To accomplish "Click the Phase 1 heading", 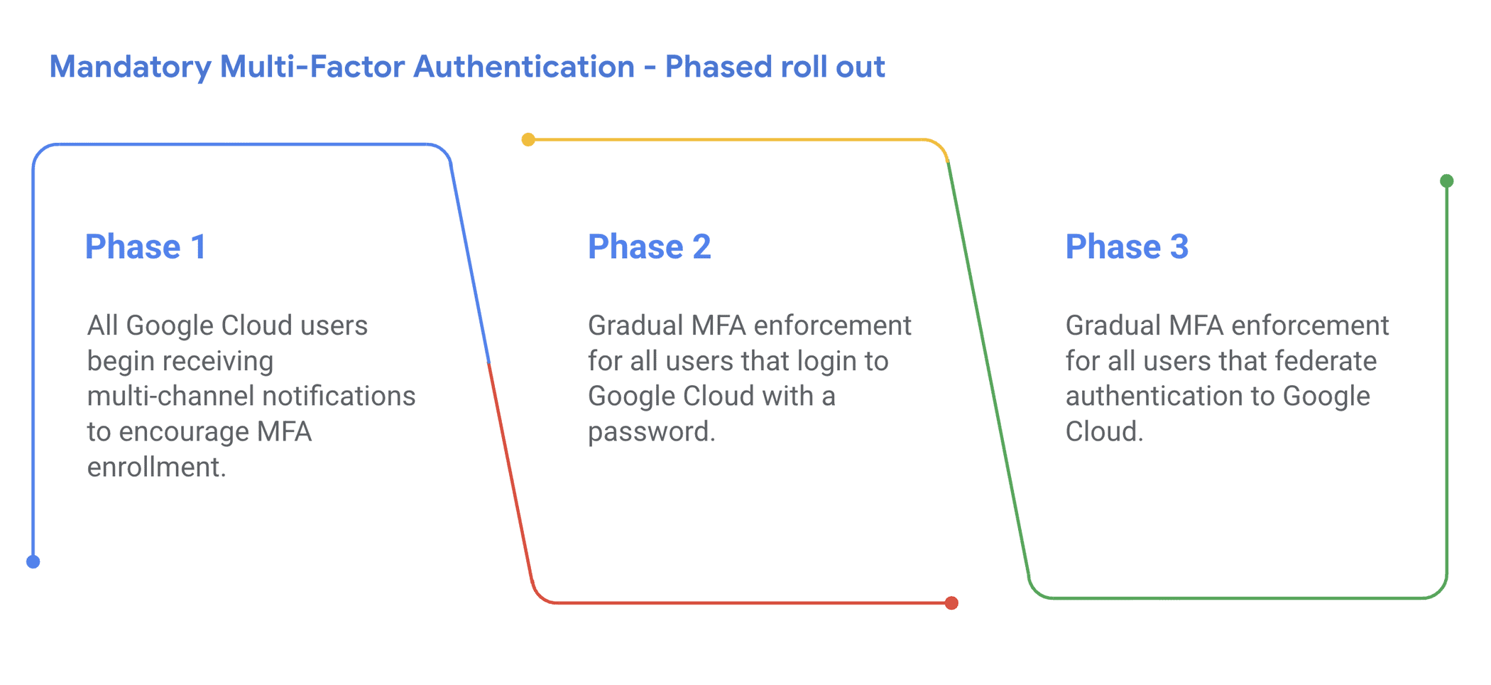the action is (x=146, y=247).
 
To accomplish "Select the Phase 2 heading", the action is (x=649, y=247).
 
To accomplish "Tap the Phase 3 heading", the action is (x=1127, y=247).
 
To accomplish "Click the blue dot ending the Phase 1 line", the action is (x=33, y=562).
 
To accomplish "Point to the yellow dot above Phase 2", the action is (x=528, y=139).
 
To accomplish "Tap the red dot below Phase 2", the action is (x=951, y=603).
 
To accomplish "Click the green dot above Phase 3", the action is (x=1447, y=181).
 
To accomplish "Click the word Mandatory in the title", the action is (x=131, y=68).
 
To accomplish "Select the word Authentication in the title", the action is (x=524, y=67).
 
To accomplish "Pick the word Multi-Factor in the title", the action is (x=312, y=67).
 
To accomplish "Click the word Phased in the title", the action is (x=718, y=67).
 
